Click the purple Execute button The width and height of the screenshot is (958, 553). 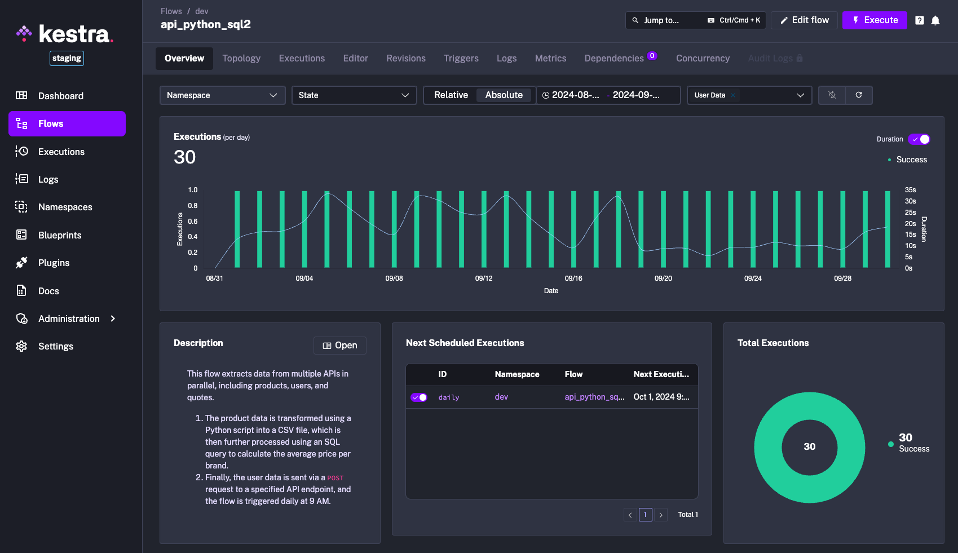pos(875,20)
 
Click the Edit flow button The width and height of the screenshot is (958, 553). pos(804,20)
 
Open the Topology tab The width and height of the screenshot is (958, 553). pos(241,59)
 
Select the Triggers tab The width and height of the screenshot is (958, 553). pos(461,59)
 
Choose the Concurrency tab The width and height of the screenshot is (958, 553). pos(703,59)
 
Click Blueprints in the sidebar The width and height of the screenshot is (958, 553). pos(60,235)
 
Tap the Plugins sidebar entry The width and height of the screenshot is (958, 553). pos(54,263)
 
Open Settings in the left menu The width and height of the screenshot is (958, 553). pos(55,346)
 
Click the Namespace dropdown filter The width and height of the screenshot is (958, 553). pos(222,95)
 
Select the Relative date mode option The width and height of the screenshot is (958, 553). pos(451,95)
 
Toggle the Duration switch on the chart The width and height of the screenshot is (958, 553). pos(919,139)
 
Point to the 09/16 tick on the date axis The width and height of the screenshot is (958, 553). pos(573,278)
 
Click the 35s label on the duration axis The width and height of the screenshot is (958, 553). pos(910,190)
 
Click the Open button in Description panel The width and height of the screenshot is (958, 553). pos(340,346)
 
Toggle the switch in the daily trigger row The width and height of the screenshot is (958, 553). pos(419,397)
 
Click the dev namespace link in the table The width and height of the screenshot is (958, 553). pos(501,397)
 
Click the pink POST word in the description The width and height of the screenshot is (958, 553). pos(335,478)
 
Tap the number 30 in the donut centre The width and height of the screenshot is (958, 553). pos(809,446)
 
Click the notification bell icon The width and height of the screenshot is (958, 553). pos(935,20)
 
